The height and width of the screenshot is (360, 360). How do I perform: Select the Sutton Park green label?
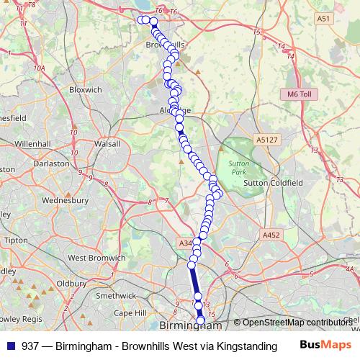(238, 168)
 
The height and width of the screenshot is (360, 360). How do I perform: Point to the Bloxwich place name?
(85, 89)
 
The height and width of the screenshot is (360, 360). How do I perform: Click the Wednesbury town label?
(65, 200)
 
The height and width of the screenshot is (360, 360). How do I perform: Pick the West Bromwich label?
(97, 257)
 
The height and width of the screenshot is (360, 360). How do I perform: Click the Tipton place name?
(16, 239)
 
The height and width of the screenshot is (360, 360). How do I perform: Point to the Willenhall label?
(33, 143)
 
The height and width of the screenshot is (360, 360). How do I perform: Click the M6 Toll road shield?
(297, 94)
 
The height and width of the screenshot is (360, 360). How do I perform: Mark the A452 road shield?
(271, 235)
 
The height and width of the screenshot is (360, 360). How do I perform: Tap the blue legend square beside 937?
(9, 346)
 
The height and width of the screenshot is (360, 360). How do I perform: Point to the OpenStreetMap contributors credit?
(297, 323)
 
